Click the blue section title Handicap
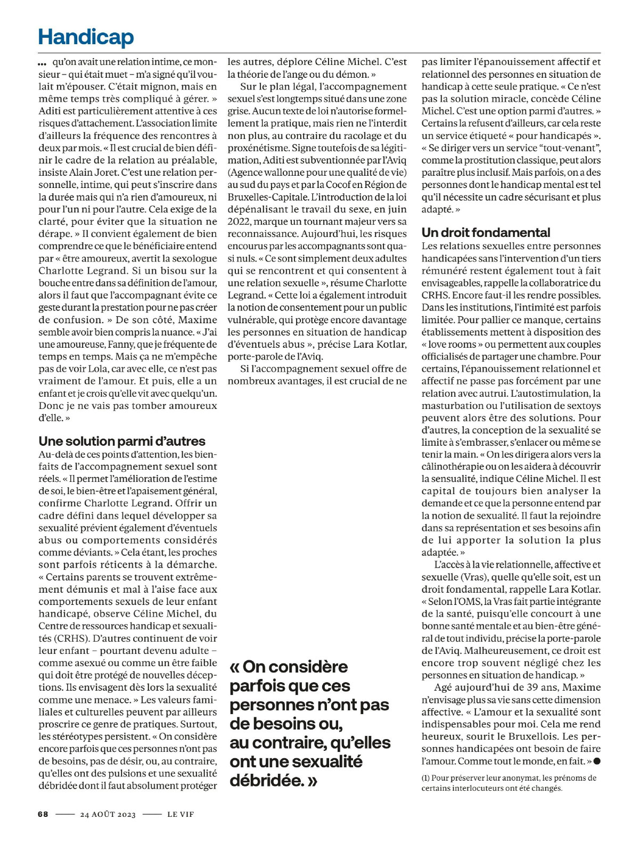[x=86, y=37]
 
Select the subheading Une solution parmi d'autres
[x=122, y=441]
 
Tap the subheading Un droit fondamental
[x=486, y=232]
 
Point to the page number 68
[x=43, y=814]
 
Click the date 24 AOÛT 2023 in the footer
[x=108, y=814]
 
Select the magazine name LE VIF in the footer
[x=180, y=814]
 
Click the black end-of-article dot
[x=597, y=761]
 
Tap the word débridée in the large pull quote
[x=269, y=781]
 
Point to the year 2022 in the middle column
[x=239, y=222]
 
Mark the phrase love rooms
[x=451, y=345]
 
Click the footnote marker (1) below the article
[x=425, y=778]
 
